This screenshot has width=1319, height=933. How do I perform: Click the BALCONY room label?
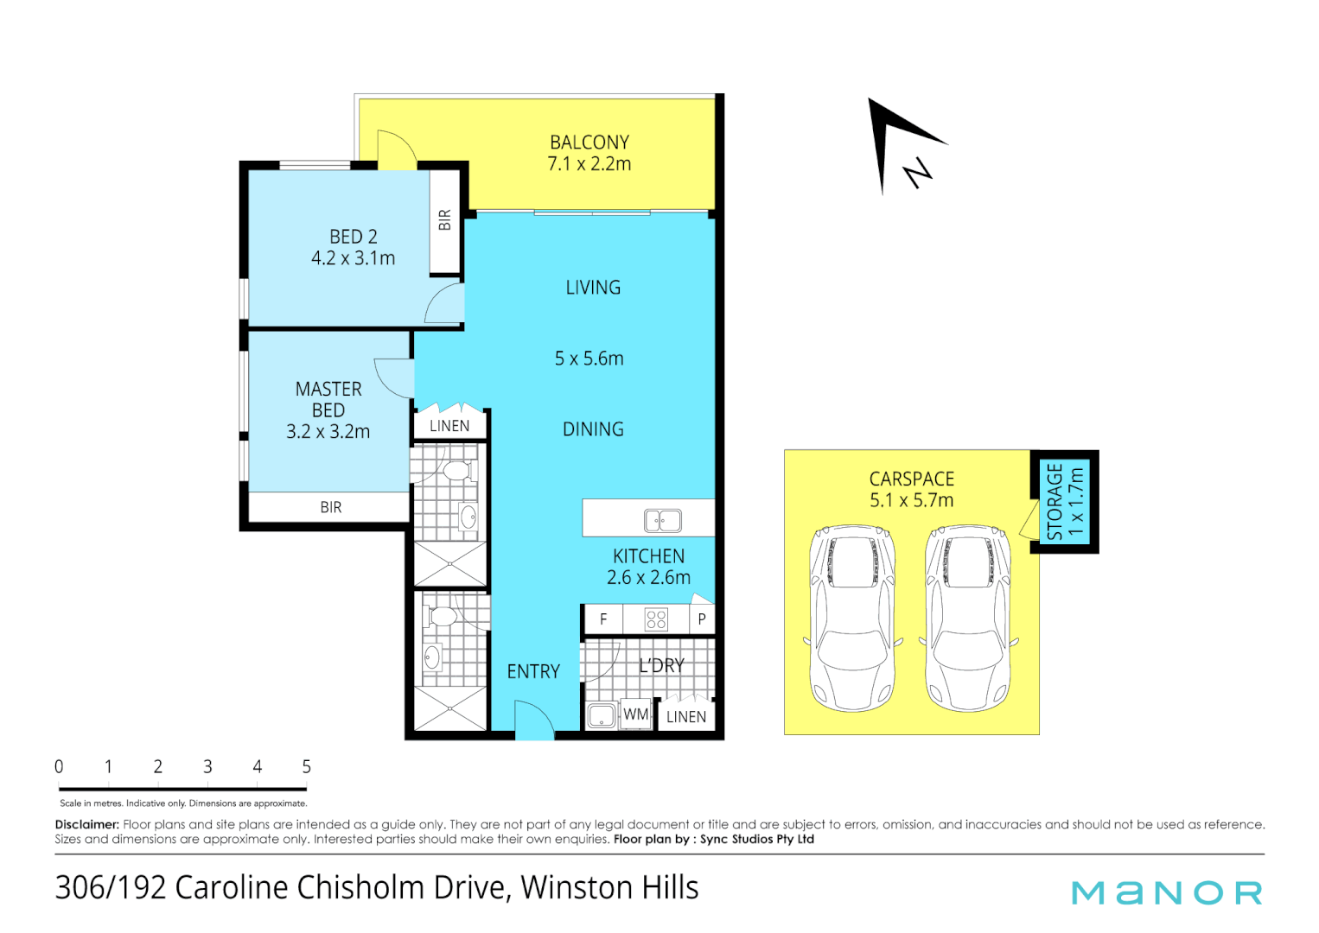coord(589,143)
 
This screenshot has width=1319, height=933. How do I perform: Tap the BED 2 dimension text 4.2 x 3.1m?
coord(354,258)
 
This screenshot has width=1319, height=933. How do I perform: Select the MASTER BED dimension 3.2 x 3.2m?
coord(328,432)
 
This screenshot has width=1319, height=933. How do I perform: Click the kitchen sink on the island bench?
coord(662,520)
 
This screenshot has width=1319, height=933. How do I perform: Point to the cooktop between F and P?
coord(656,620)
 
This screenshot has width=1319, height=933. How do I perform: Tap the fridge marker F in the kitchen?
coord(603,619)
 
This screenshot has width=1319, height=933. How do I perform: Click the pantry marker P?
coord(701,619)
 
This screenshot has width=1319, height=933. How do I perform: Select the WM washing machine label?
coord(636,714)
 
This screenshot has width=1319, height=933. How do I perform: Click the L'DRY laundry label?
coord(662,666)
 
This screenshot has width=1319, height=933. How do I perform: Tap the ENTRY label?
coord(533,671)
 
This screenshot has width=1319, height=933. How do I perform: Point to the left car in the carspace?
coord(852,619)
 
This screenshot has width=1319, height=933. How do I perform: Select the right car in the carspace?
coord(968,619)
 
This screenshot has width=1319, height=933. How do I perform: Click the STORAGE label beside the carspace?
coord(1055,502)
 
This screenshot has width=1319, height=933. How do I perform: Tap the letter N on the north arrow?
coord(918,173)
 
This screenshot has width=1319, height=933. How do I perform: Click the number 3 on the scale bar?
coord(207,766)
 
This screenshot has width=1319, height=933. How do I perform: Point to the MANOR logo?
coord(1167,892)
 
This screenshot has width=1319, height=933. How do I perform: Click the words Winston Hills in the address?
coord(609,888)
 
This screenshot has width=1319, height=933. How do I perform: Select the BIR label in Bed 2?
coord(444,219)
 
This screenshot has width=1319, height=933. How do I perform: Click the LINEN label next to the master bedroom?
coord(449,426)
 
